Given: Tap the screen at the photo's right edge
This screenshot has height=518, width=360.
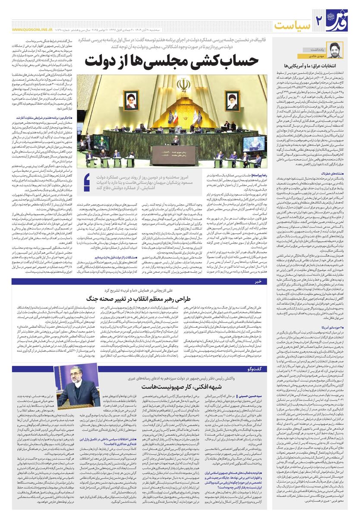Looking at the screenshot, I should pyautogui.click(x=254, y=143).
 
